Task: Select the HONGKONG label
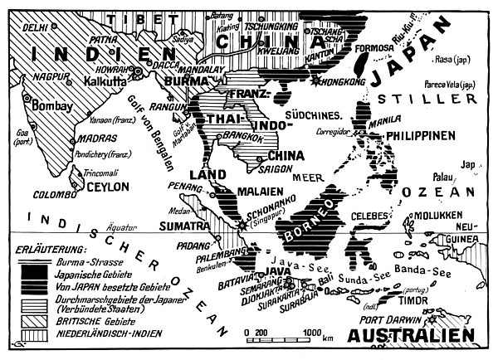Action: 344,83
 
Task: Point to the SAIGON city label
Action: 276,168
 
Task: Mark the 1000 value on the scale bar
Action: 312,332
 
